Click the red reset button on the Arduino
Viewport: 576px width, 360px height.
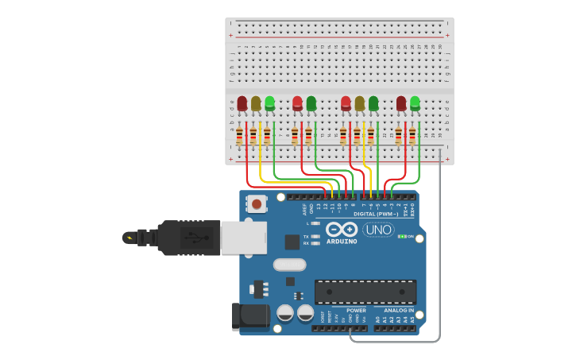257,204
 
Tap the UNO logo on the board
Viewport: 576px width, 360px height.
378,230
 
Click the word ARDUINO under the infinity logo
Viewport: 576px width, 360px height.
342,241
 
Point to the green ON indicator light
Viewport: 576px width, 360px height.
402,236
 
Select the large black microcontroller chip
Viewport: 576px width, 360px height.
365,292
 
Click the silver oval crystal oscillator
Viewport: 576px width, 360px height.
289,265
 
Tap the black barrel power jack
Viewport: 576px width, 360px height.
250,315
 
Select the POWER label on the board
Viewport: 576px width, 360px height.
356,310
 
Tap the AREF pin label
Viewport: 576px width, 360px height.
304,209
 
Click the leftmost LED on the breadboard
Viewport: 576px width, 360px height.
242,103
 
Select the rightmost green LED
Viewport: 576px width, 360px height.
415,103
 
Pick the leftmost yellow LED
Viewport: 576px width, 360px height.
256,103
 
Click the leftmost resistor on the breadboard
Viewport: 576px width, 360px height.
239,137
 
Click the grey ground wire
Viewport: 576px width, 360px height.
439,254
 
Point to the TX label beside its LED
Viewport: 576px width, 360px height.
306,237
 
